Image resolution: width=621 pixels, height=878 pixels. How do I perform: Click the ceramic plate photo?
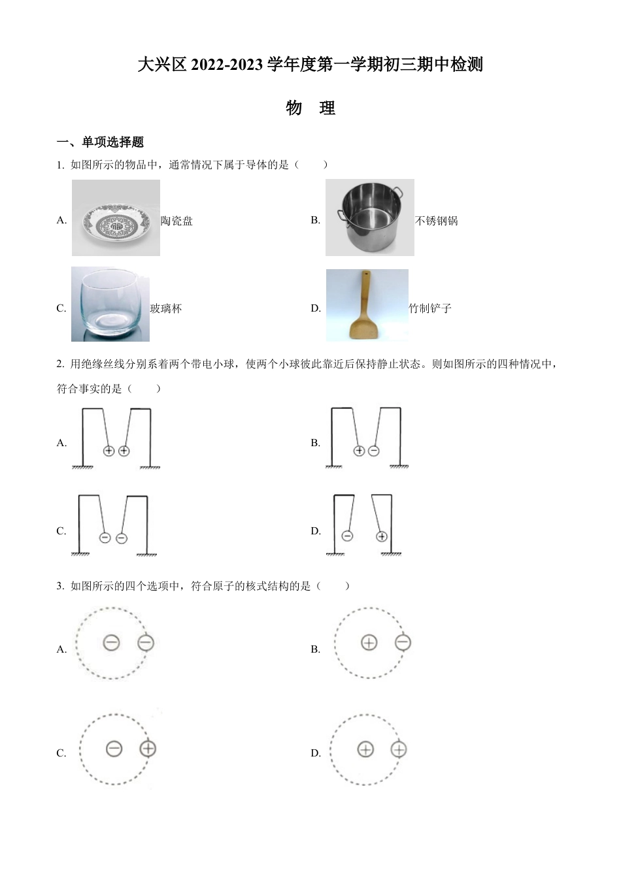(x=116, y=218)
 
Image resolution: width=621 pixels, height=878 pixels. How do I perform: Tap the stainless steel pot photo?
(x=369, y=218)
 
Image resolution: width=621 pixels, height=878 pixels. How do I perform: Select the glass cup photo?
(x=110, y=304)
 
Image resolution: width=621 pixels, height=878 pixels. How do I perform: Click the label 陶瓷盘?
(x=176, y=221)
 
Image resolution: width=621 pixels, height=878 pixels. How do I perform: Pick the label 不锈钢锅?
(x=436, y=221)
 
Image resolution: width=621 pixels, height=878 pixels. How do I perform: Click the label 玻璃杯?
(x=166, y=308)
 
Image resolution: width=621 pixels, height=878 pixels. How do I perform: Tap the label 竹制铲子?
(x=429, y=308)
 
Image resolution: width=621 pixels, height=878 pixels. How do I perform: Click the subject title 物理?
(x=310, y=108)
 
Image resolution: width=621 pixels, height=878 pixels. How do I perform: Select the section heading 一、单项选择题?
(x=100, y=142)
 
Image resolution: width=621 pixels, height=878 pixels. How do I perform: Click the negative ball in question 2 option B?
(x=374, y=451)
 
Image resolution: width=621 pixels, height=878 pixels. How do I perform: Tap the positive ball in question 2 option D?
(x=382, y=536)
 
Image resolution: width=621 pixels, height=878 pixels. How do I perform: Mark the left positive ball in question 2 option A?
(x=109, y=451)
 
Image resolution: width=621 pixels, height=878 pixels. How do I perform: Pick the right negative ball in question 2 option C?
(x=122, y=538)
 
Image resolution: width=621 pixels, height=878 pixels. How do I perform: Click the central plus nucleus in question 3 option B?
(x=369, y=643)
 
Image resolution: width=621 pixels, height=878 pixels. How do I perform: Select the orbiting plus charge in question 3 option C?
(x=148, y=748)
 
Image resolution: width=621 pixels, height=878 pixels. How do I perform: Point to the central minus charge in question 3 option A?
(x=111, y=643)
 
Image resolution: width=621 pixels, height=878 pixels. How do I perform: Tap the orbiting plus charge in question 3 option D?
(x=398, y=749)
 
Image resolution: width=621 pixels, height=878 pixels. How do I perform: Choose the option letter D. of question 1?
(x=316, y=308)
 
